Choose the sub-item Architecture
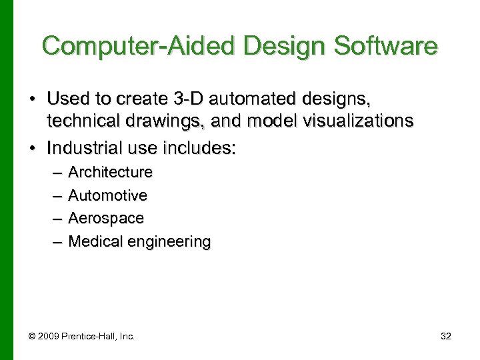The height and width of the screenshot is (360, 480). point(111,172)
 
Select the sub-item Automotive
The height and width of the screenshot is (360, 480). point(108,195)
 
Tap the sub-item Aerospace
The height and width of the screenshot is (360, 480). point(106,218)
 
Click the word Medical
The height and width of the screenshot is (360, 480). point(91,241)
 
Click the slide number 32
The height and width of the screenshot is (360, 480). point(446,336)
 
